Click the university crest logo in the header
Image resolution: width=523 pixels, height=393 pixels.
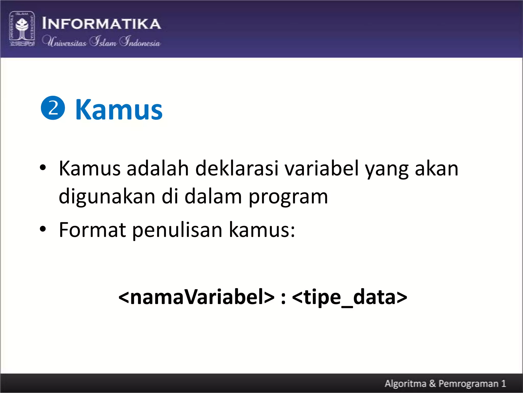tap(22, 29)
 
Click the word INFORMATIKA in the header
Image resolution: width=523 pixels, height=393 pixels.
tap(101, 24)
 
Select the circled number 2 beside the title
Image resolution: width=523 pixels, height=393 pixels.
tap(53, 108)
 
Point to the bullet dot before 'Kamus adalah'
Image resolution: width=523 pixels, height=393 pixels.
tap(43, 168)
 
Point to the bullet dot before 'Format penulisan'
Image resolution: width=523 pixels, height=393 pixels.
tap(43, 229)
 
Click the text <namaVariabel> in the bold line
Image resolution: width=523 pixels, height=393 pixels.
tap(196, 297)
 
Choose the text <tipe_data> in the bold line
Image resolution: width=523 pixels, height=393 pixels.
tap(349, 297)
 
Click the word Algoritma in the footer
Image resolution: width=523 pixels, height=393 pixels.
tap(406, 384)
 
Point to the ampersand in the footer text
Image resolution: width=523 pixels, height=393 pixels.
tap(432, 383)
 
